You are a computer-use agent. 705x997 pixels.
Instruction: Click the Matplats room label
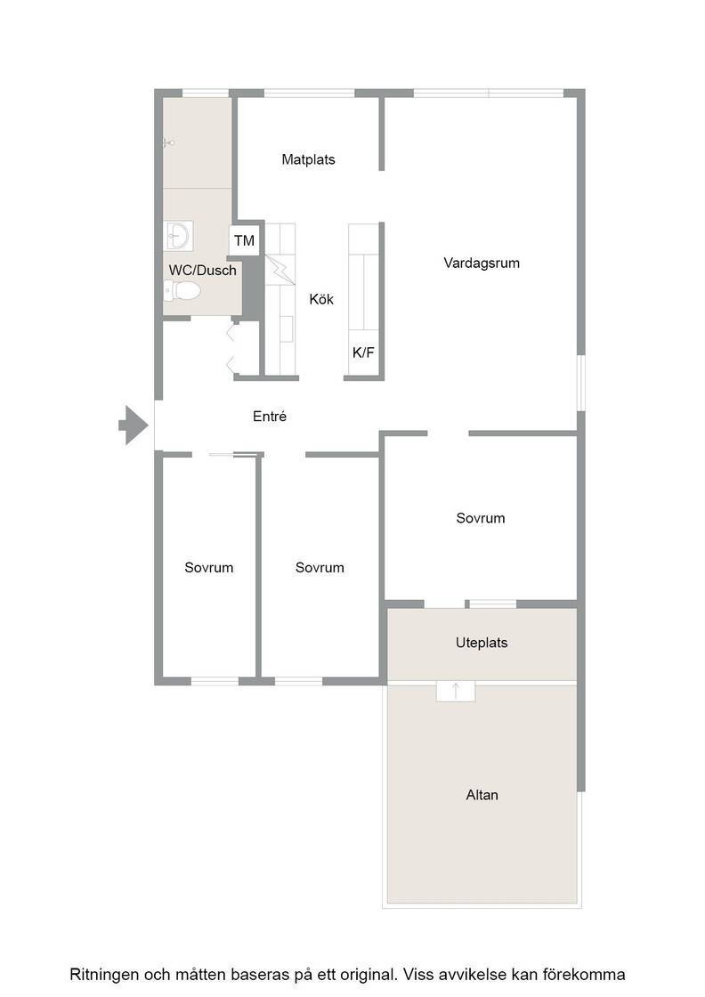click(x=308, y=159)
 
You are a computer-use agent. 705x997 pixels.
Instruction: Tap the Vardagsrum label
click(x=482, y=263)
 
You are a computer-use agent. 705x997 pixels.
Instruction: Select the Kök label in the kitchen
click(x=321, y=299)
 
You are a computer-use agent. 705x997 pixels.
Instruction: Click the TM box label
click(x=244, y=241)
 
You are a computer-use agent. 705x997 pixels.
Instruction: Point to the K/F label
click(x=363, y=353)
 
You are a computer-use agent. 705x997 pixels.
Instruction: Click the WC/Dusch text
click(x=202, y=271)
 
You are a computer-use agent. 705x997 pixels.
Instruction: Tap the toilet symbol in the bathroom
click(x=182, y=291)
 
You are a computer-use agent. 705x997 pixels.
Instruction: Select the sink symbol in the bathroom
click(x=179, y=236)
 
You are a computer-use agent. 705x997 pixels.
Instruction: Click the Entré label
click(x=270, y=417)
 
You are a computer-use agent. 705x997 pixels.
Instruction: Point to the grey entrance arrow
click(x=134, y=425)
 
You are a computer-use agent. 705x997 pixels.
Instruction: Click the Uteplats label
click(x=482, y=643)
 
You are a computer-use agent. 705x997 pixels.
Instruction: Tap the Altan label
click(x=482, y=795)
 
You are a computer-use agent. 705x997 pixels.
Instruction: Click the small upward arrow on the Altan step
click(x=455, y=691)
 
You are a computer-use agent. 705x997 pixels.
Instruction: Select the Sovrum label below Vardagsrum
click(x=481, y=518)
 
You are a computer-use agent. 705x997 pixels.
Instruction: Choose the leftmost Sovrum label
click(x=208, y=568)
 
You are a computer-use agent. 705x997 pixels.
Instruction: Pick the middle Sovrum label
click(x=320, y=568)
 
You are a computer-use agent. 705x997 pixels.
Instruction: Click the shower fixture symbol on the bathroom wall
click(x=168, y=143)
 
